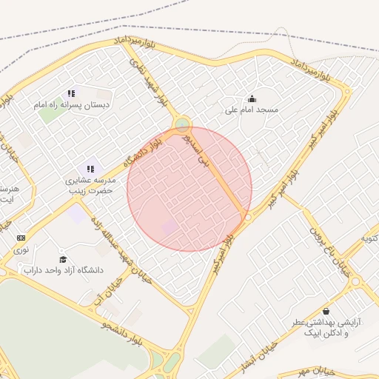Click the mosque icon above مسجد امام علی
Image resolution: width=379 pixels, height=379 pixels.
click(252, 98)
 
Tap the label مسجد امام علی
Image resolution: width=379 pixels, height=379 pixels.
click(252, 110)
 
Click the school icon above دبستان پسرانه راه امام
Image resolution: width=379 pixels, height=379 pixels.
click(71, 93)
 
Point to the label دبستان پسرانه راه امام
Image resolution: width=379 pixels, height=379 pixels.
click(71, 105)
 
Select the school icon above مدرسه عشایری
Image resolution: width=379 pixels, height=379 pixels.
click(90, 169)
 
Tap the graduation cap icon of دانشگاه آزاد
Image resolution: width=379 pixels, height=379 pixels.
click(63, 258)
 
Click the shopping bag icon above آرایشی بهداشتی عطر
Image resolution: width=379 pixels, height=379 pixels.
click(326, 311)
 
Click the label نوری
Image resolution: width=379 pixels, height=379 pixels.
click(21, 250)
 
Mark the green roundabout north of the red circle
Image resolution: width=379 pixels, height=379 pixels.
click(182, 124)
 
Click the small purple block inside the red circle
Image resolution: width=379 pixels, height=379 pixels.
click(170, 227)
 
